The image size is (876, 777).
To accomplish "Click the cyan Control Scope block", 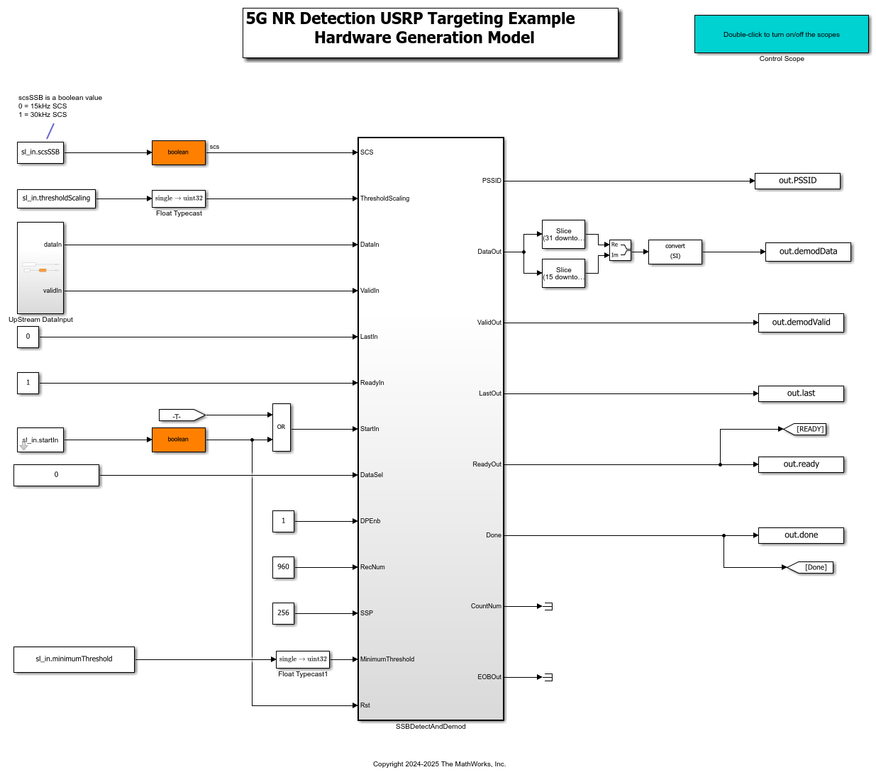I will point(781,34).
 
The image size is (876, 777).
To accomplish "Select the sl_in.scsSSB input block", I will point(40,152).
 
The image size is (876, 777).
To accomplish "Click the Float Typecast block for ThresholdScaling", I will point(179,199).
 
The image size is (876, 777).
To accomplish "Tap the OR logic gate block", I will point(282,427).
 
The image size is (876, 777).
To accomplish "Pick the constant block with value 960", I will point(283,567).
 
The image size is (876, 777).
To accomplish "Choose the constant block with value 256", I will point(283,613).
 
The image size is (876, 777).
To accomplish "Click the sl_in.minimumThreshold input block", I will point(74,659).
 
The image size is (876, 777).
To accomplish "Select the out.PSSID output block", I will point(797,181).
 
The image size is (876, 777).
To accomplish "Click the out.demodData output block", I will point(808,252).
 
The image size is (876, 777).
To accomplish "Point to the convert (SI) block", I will point(675,252).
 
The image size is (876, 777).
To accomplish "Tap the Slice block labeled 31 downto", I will point(563,235).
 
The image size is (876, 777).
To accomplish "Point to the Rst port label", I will point(365,705).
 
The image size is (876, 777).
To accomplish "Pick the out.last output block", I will point(801,393).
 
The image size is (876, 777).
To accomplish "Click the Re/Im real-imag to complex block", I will point(620,250).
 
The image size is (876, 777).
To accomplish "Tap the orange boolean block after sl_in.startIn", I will point(179,440).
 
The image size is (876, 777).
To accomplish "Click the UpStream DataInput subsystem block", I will point(40,268).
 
